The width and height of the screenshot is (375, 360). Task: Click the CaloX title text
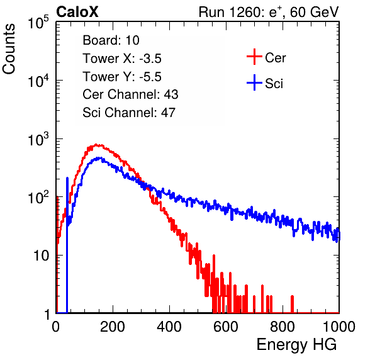pos(77,12)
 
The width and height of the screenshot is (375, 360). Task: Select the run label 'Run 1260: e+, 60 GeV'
pos(269,12)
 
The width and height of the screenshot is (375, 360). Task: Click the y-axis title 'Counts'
pos(9,49)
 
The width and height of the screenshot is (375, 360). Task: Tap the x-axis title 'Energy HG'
pos(296,345)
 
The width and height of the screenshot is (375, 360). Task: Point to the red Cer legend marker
pos(254,57)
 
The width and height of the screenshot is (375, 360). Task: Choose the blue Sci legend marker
pos(254,82)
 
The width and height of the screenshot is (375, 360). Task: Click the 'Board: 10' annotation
pos(111,40)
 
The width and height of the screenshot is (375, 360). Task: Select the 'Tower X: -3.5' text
pos(122,59)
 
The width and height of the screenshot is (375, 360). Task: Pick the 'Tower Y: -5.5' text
pos(122,77)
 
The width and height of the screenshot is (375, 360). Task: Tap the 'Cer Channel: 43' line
pos(130,94)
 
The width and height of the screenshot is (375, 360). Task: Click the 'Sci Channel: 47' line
pos(129,113)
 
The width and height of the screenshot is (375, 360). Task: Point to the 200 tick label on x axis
pos(113,327)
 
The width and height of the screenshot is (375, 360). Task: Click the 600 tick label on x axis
pos(226,327)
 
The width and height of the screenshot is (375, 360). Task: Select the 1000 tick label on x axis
pos(339,327)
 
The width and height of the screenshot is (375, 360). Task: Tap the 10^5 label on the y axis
pos(38,23)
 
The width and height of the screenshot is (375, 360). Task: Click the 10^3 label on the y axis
pos(38,140)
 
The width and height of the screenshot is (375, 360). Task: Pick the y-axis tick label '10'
pos(41,256)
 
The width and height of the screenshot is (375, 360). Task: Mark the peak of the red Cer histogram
pos(96,145)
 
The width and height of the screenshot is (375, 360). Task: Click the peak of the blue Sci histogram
pos(100,158)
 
